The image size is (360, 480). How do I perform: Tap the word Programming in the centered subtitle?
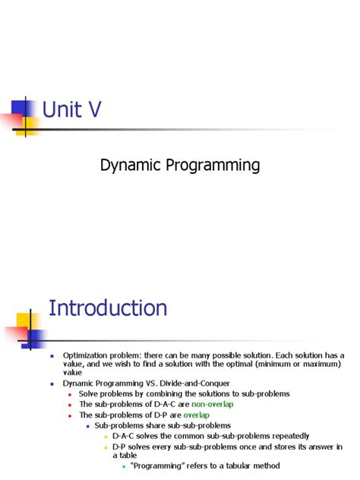215,165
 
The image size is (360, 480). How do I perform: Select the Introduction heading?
108,308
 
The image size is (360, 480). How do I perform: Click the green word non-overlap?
213,405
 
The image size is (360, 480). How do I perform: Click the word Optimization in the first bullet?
84,355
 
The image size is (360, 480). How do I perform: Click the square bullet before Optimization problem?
52,356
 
